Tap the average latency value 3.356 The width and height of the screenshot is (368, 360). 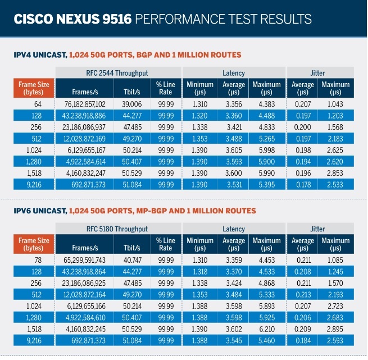[x=234, y=104]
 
